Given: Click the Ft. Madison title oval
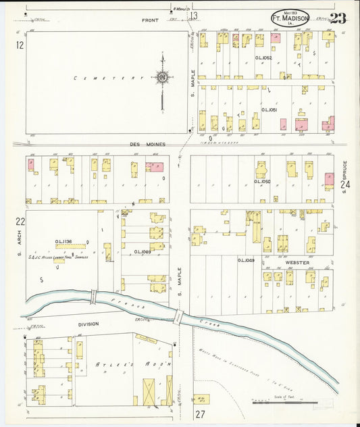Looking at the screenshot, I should [x=290, y=20].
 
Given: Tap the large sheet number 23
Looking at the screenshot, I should [x=337, y=18].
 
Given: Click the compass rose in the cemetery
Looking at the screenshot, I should [x=162, y=78].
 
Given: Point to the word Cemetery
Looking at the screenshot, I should [x=101, y=78].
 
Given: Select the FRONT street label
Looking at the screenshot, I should [x=150, y=20].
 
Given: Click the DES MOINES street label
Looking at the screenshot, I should [x=147, y=144].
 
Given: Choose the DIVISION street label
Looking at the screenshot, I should [x=88, y=324].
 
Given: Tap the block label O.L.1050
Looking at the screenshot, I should [x=262, y=181].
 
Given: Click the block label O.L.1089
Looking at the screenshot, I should [x=142, y=252].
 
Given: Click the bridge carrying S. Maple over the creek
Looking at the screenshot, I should [x=179, y=316].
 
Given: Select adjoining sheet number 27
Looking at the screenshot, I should [x=201, y=414].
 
